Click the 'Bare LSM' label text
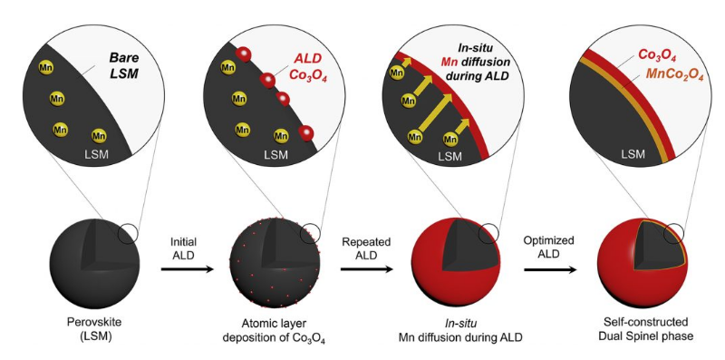[x=123, y=65]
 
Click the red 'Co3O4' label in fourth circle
[x=658, y=55]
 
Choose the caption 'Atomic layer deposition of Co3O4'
[x=275, y=330]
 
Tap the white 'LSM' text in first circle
[x=97, y=154]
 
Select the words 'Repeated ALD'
[x=367, y=248]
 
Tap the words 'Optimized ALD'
[x=549, y=247]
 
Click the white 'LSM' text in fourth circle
[x=633, y=154]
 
